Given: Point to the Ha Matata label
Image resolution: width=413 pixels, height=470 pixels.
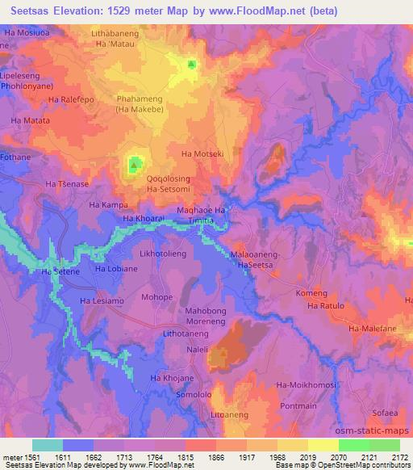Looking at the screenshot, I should [x=30, y=120].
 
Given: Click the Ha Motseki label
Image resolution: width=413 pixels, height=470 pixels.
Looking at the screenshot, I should [x=202, y=153].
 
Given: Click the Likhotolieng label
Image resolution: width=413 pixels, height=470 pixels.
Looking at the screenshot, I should [x=164, y=254].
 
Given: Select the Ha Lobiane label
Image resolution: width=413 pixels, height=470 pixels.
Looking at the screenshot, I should [x=115, y=268].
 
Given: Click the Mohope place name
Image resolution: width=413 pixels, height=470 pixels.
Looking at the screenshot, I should [x=157, y=297].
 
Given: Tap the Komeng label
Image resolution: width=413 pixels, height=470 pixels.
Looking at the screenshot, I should [x=311, y=293].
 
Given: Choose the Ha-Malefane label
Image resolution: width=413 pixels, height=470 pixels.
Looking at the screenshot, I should [x=369, y=328].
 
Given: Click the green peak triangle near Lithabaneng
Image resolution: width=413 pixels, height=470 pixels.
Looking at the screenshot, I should [x=191, y=64].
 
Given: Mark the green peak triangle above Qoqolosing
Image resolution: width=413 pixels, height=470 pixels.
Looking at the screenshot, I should [x=133, y=166].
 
